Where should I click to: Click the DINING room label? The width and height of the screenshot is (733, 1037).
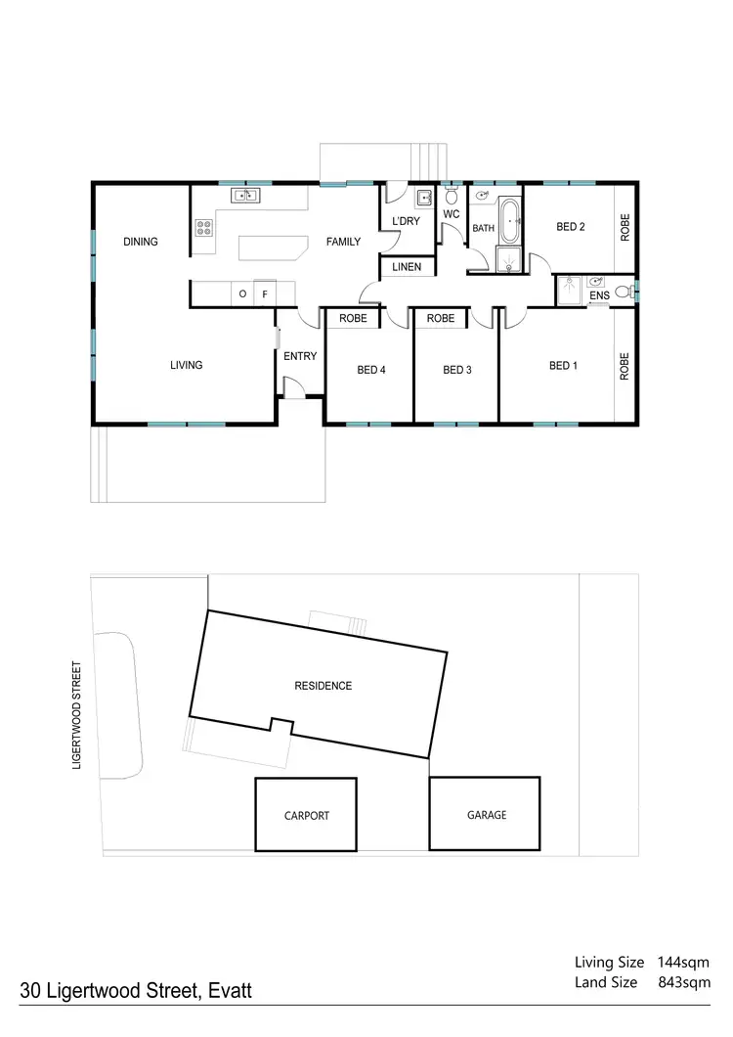click(141, 242)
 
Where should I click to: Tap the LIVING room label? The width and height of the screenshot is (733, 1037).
click(186, 365)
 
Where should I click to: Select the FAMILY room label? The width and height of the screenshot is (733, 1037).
click(343, 242)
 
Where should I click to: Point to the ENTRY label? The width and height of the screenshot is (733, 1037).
click(300, 356)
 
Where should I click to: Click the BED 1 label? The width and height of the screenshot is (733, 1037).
click(563, 366)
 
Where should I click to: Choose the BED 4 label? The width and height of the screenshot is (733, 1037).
click(370, 370)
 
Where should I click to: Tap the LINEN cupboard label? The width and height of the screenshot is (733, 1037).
click(407, 267)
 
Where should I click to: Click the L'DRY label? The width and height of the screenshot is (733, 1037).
click(406, 222)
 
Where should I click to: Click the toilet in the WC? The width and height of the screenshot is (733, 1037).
click(452, 199)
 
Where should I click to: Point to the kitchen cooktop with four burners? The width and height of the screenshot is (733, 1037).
click(204, 228)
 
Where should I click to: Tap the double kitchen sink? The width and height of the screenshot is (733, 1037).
click(244, 197)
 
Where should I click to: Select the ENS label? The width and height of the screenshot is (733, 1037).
click(598, 294)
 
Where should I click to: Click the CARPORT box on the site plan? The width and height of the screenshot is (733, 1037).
click(306, 815)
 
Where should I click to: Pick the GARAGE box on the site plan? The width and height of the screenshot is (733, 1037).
click(485, 814)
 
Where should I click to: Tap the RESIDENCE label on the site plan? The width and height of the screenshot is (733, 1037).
click(323, 686)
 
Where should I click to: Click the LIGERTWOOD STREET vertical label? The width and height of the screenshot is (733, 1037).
click(75, 717)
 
